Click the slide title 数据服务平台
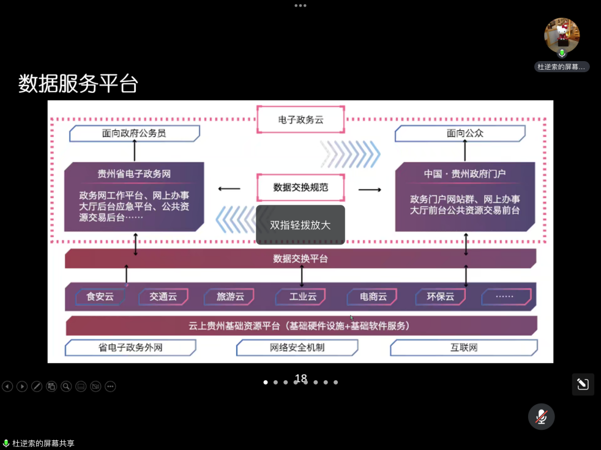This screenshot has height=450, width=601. click(x=78, y=84)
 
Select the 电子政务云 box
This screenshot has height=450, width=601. click(x=300, y=120)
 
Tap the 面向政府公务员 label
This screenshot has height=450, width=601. click(x=134, y=133)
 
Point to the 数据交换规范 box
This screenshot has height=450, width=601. click(x=300, y=187)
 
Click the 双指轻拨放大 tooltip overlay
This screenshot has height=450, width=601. click(x=300, y=225)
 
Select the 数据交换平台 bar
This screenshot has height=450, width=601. click(x=300, y=259)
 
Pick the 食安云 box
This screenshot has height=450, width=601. click(x=100, y=297)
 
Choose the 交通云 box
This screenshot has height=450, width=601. click(x=163, y=297)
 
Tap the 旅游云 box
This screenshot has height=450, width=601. click(x=230, y=297)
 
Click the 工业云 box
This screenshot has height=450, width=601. click(x=303, y=297)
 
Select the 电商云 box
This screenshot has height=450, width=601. click(x=373, y=297)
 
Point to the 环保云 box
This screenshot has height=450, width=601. click(x=440, y=297)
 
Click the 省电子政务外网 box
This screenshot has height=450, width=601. click(x=130, y=347)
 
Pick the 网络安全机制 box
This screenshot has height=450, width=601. click(x=297, y=347)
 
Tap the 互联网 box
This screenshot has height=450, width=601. click(x=463, y=347)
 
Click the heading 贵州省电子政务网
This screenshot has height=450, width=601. click(x=134, y=174)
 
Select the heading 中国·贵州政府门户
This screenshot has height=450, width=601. click(x=465, y=174)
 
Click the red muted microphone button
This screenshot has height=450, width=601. click(x=542, y=417)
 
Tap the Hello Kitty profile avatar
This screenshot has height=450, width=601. click(x=562, y=35)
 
